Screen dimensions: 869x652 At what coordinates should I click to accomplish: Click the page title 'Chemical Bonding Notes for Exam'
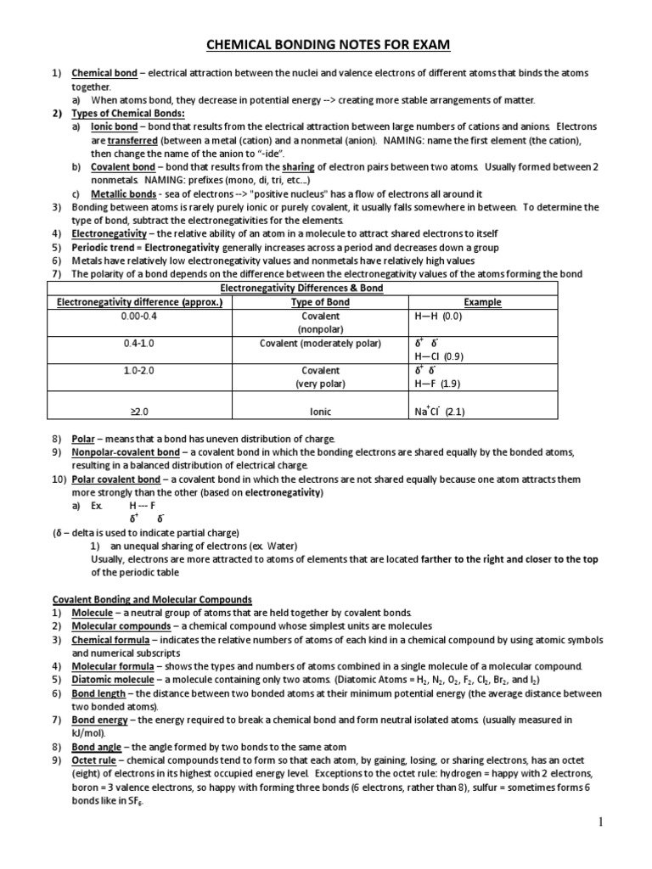326,44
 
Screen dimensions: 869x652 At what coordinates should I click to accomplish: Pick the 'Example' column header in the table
481,302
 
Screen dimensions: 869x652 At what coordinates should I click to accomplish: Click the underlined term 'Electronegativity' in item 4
108,233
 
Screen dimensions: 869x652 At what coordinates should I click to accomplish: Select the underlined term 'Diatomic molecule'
112,680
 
